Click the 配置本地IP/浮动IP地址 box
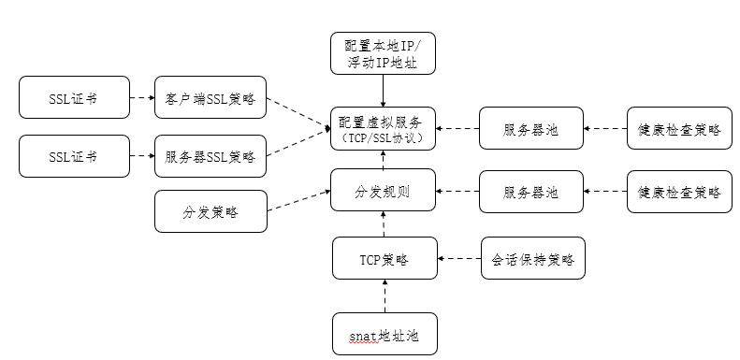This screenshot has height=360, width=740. click(383, 53)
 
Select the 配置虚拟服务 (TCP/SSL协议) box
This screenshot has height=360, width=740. click(383, 129)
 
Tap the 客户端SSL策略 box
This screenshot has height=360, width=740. click(210, 97)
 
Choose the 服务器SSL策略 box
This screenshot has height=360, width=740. click(210, 156)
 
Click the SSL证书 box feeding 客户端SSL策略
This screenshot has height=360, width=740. click(74, 97)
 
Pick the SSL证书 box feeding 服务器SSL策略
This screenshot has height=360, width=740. click(74, 156)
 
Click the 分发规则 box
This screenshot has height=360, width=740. click(383, 192)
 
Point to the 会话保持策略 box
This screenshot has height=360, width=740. click(532, 258)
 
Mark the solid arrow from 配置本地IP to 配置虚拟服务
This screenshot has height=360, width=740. click(383, 91)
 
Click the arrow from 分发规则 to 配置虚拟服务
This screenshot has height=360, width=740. click(383, 162)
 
